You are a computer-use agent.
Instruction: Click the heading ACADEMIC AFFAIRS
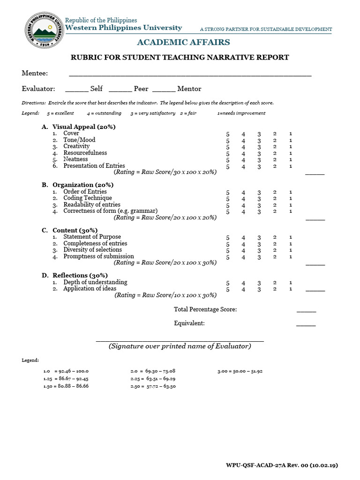click(x=183, y=43)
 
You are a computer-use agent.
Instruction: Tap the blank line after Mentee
click(x=190, y=74)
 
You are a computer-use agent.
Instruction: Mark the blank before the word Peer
click(x=120, y=89)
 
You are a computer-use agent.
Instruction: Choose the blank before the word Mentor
click(x=164, y=89)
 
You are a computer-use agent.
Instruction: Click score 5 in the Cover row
click(x=228, y=134)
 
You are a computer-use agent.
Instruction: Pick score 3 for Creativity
click(x=259, y=147)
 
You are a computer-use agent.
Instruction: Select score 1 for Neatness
click(x=291, y=160)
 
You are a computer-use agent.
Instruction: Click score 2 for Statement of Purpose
click(x=275, y=238)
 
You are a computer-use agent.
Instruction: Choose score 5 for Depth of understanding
click(x=228, y=283)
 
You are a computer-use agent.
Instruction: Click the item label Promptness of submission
click(x=98, y=256)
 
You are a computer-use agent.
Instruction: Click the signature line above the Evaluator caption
click(x=180, y=341)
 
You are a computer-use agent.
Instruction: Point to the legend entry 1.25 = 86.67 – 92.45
click(x=66, y=378)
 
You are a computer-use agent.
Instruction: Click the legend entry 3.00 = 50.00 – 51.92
click(x=240, y=371)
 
